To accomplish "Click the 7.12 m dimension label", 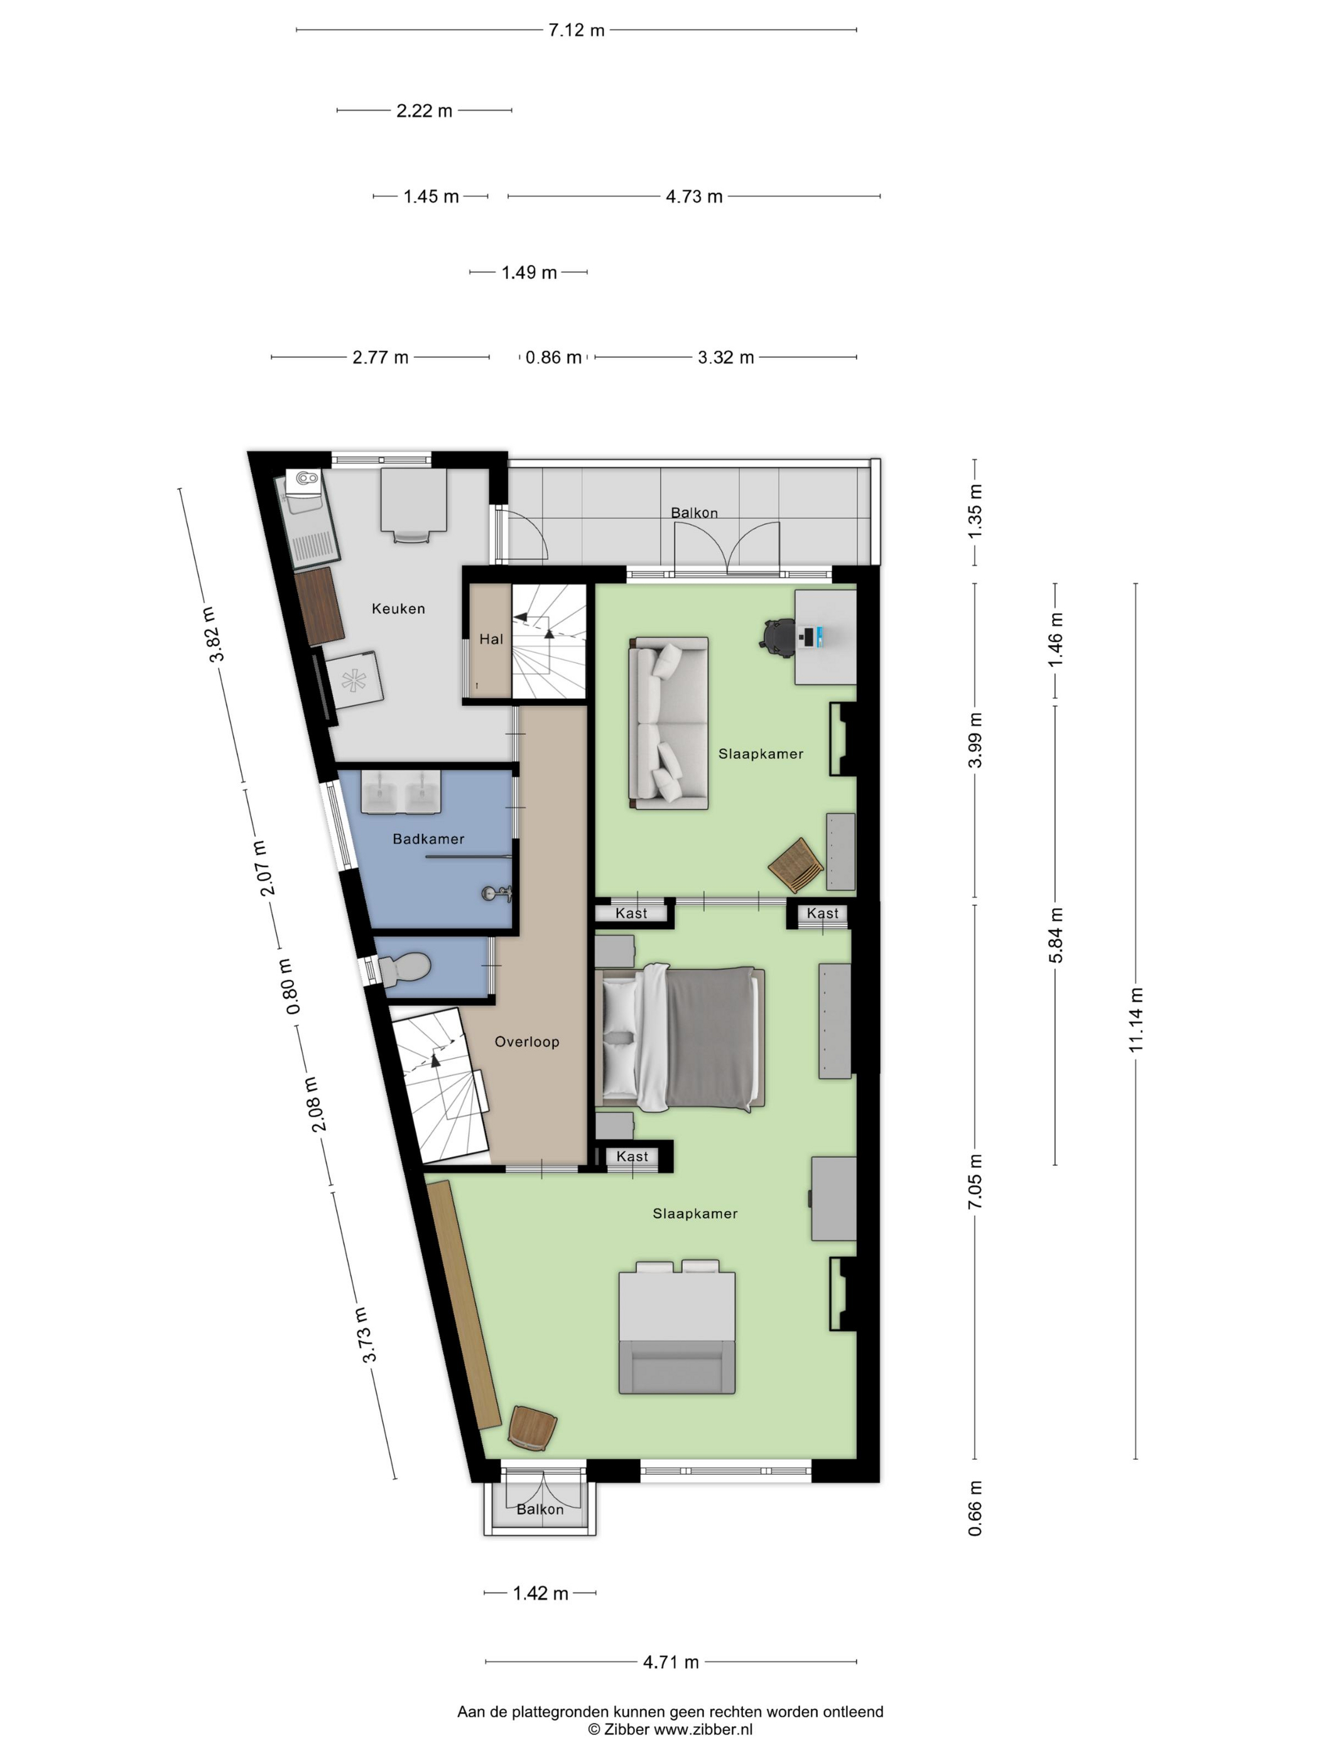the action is (x=577, y=30).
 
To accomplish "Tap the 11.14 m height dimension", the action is (x=1136, y=1020).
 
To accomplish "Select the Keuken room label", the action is (x=398, y=609).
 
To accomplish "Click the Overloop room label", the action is (x=527, y=1042).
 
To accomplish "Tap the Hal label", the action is (x=491, y=639).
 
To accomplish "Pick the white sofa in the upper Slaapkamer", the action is (x=668, y=723).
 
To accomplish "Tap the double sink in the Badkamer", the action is (x=401, y=792).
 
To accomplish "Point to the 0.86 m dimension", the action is (x=553, y=358).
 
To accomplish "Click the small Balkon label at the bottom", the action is (x=540, y=1509).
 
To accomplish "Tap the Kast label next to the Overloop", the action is (x=632, y=1157).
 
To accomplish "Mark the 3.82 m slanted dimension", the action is (x=212, y=634).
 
